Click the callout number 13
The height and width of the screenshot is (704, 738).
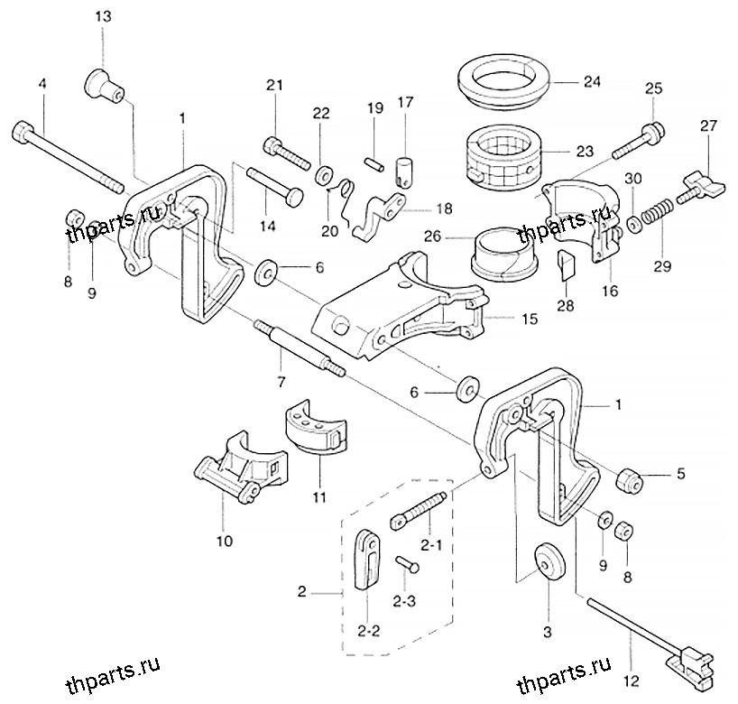[103, 17]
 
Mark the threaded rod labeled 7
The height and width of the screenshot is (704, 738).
[300, 349]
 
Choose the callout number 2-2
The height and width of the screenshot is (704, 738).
[368, 631]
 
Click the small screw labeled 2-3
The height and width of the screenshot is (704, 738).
[408, 563]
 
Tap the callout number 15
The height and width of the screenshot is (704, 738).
[530, 319]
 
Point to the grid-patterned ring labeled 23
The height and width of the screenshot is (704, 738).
[503, 159]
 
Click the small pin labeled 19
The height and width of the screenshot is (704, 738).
[374, 164]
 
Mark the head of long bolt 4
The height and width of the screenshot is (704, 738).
[23, 128]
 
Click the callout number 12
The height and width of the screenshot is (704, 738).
[632, 681]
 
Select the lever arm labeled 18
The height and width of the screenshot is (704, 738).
[378, 215]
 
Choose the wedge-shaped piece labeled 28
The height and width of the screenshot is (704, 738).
[567, 265]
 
